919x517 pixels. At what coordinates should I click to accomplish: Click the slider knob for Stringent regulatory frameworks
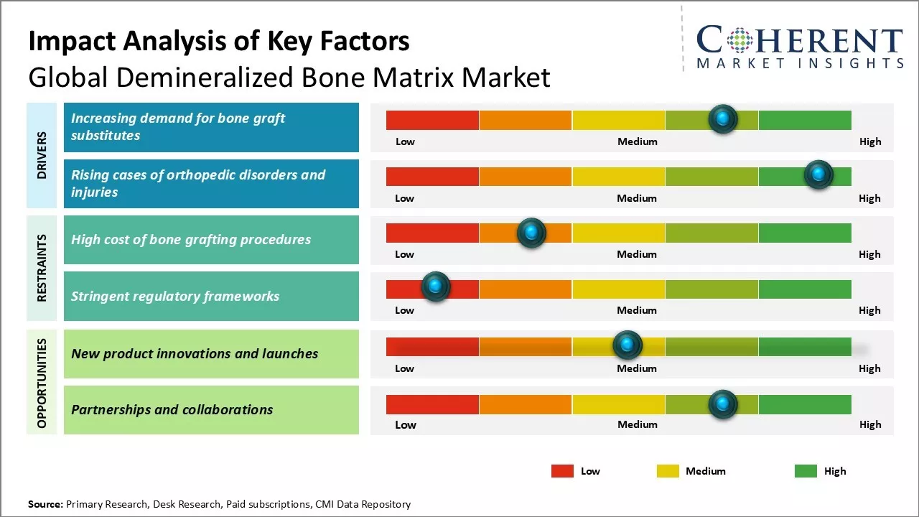[x=435, y=287]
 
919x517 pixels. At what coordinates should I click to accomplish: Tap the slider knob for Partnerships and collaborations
[x=722, y=404]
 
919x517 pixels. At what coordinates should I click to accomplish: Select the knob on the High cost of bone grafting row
[x=531, y=232]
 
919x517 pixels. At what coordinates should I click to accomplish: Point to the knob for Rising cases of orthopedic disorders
[x=818, y=174]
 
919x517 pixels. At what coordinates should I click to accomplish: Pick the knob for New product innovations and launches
[x=628, y=345]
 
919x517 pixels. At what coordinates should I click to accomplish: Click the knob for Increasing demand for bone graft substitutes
[x=722, y=118]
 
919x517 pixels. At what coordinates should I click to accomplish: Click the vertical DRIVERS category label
[x=42, y=155]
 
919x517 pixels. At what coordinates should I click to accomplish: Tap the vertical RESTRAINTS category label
[x=42, y=268]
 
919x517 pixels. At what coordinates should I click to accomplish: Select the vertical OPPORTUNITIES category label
[x=42, y=383]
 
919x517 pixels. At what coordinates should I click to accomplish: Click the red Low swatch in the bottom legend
[x=562, y=471]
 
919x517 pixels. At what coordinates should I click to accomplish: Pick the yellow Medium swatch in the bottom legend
[x=668, y=471]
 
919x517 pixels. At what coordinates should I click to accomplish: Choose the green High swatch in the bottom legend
[x=806, y=471]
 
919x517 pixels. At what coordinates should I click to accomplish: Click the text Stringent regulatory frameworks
[x=175, y=296]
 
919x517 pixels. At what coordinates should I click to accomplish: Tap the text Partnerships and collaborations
[x=172, y=410]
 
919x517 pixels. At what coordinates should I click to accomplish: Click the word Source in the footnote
[x=45, y=504]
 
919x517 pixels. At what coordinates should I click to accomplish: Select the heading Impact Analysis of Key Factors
[x=219, y=41]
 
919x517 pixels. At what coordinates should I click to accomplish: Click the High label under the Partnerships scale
[x=870, y=424]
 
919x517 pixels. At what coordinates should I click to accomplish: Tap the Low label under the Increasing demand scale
[x=405, y=141]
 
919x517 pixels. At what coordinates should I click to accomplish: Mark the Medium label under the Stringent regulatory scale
[x=637, y=310]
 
